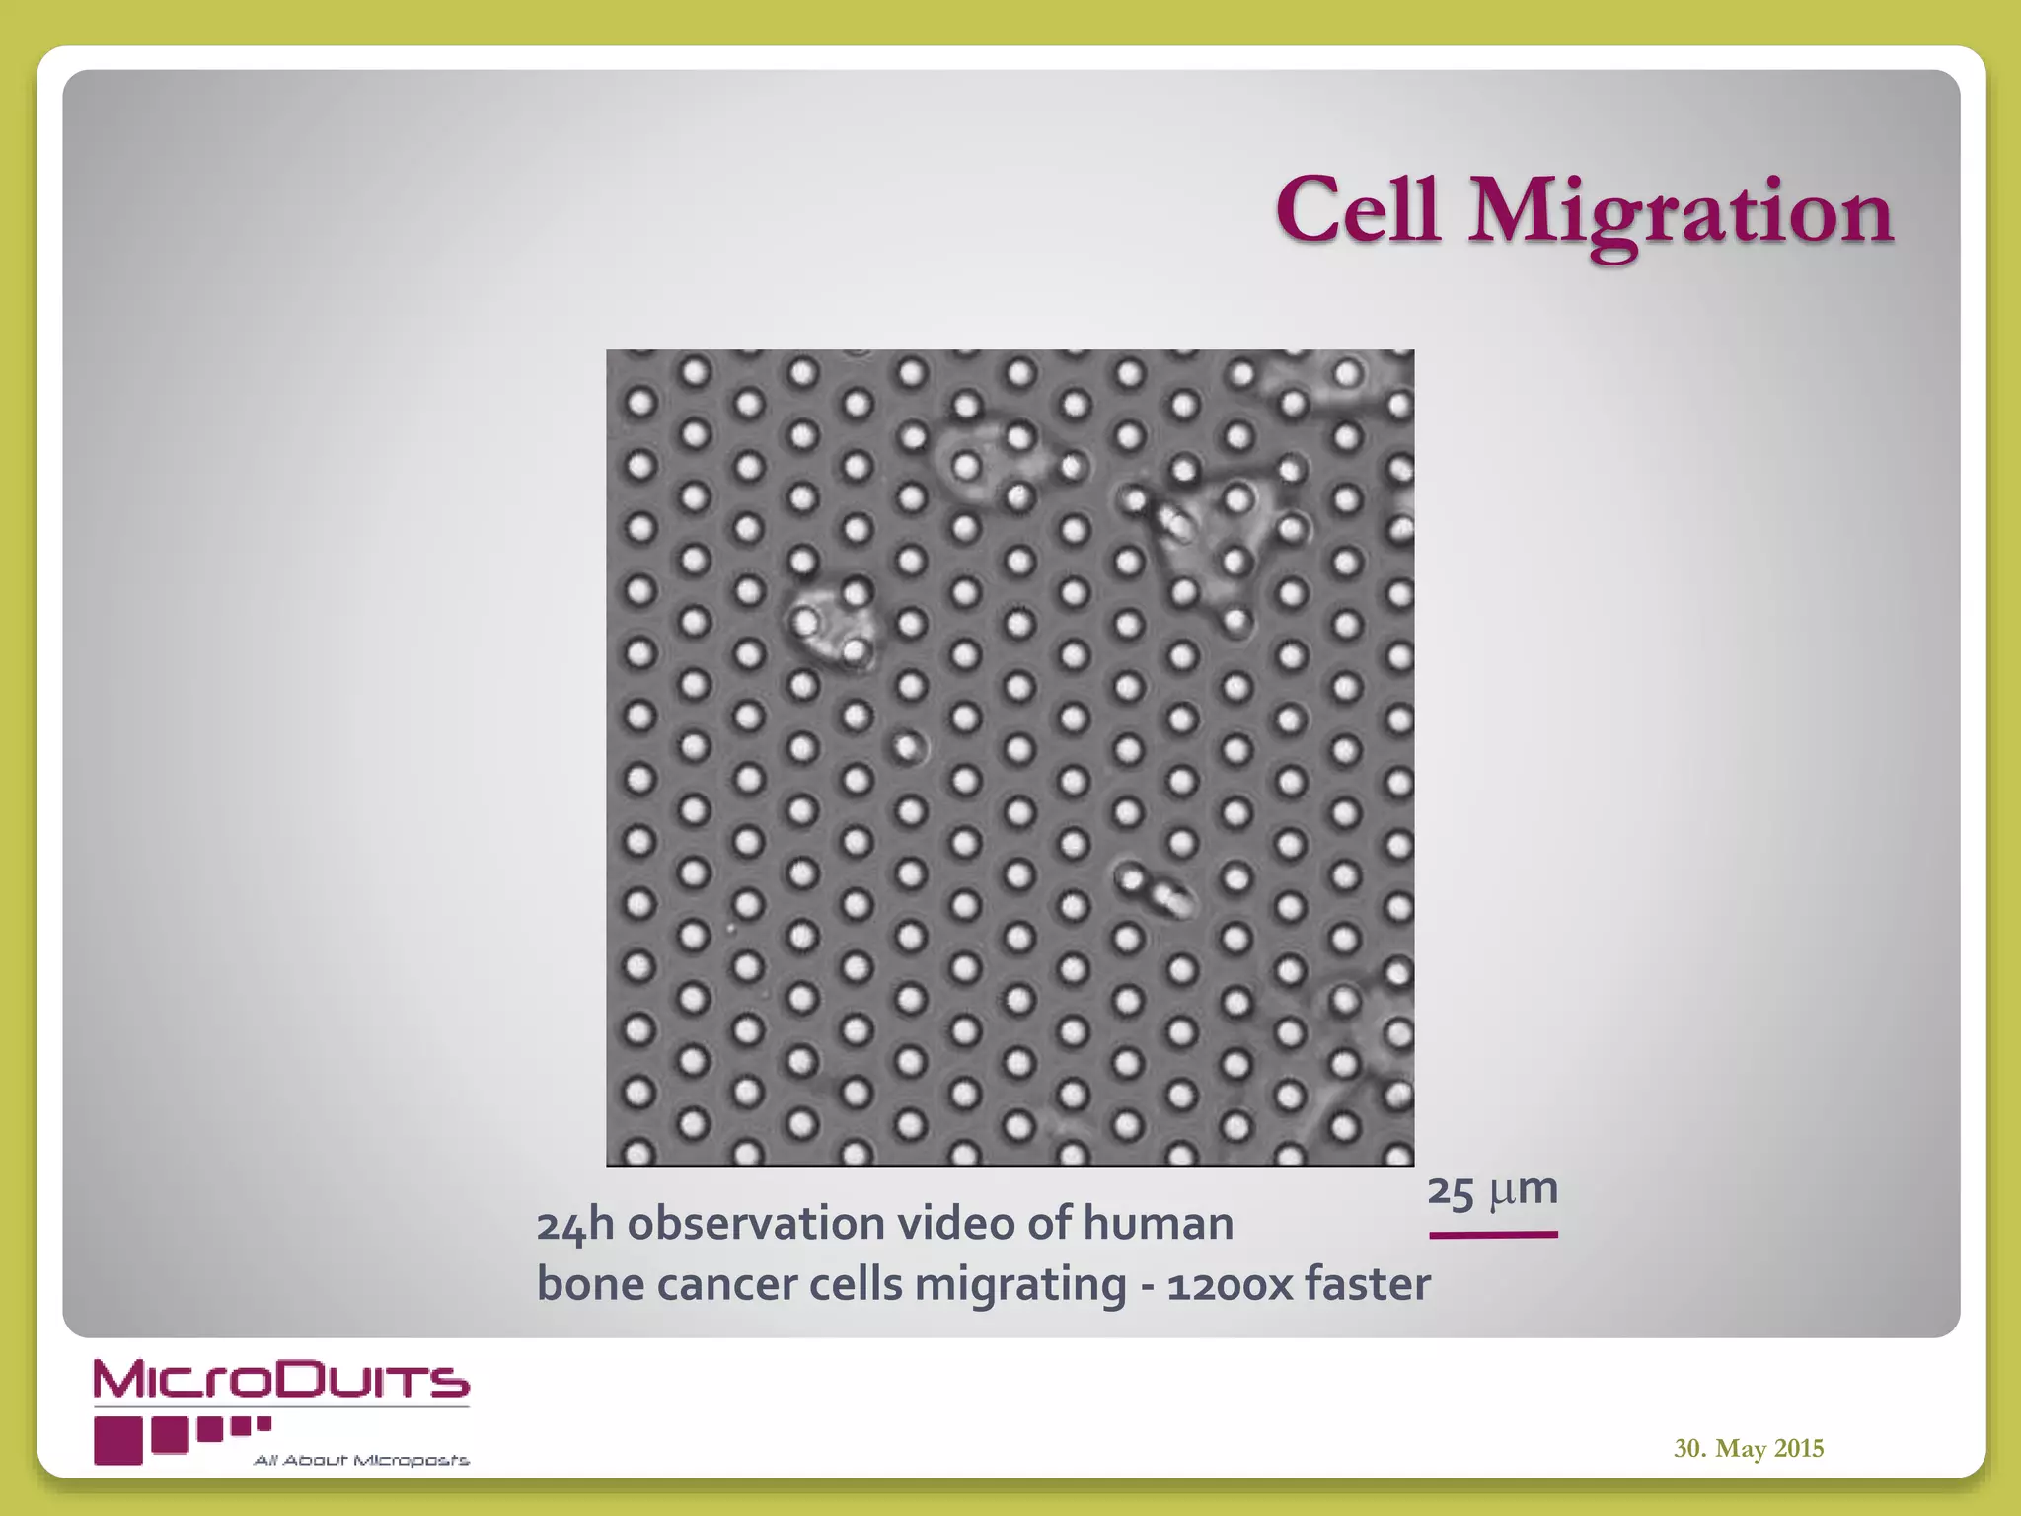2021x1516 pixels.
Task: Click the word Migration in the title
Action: [x=1681, y=214]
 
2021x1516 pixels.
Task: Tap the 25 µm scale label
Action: [x=1492, y=1190]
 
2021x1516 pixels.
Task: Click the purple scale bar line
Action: [x=1493, y=1234]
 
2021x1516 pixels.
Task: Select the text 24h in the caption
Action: [x=575, y=1225]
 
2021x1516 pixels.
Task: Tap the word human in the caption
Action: [x=1159, y=1224]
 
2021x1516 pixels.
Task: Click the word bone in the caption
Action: [x=590, y=1285]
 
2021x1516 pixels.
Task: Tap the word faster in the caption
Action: [x=1368, y=1285]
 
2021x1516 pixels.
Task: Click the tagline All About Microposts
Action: [x=361, y=1461]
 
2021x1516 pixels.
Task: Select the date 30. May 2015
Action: [x=1749, y=1448]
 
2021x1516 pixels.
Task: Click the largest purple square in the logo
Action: [x=118, y=1440]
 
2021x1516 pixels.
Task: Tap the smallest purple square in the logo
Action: [x=263, y=1423]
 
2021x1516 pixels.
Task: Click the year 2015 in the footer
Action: [x=1799, y=1448]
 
